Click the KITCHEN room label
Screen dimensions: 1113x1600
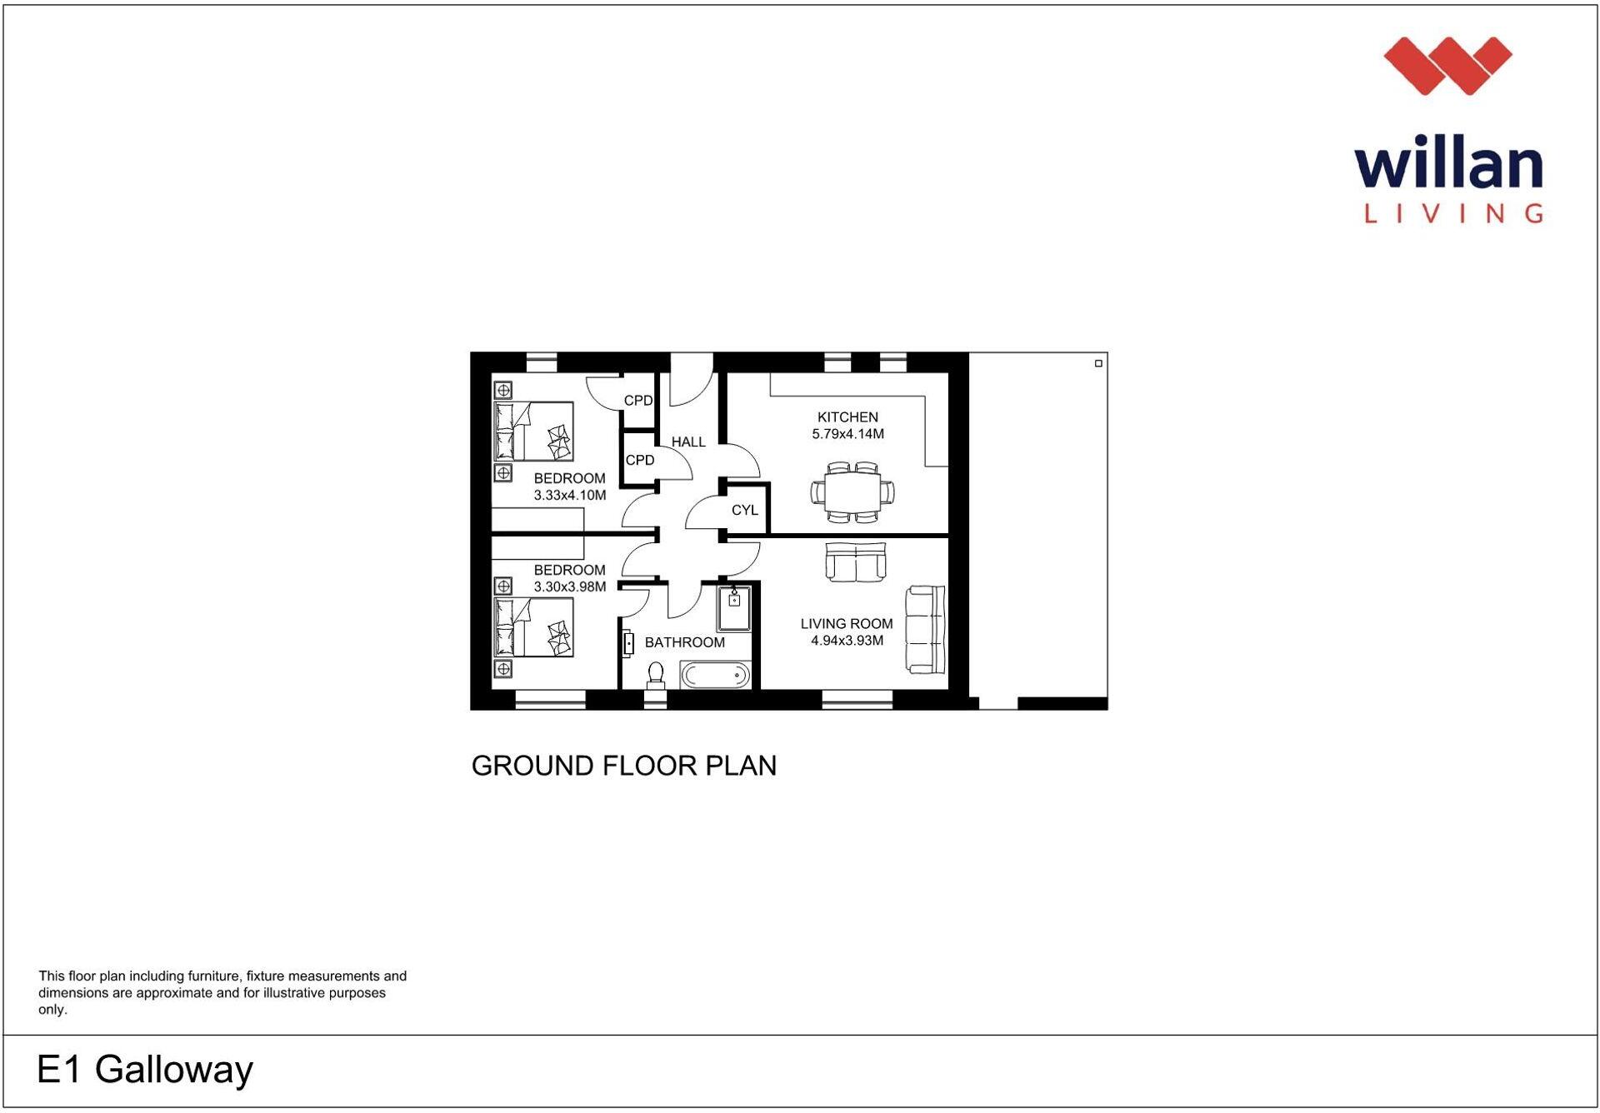(847, 417)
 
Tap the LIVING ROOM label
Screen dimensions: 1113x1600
(846, 623)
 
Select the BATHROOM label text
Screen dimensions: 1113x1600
(684, 642)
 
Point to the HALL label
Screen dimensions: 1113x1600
(688, 442)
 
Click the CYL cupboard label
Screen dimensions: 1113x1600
(744, 510)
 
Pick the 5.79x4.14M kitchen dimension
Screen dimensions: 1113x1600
(847, 434)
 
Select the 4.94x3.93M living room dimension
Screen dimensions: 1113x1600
(847, 641)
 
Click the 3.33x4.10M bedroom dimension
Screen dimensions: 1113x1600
(570, 495)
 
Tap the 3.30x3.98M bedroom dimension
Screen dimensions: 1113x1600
(570, 586)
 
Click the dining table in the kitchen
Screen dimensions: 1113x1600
(852, 492)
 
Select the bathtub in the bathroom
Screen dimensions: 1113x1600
(715, 675)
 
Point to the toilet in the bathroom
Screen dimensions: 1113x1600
(656, 674)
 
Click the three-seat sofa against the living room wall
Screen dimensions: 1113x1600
(926, 629)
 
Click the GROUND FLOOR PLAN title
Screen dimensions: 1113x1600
(623, 766)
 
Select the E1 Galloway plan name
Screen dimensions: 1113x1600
(145, 1069)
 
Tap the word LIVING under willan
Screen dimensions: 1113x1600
(1452, 213)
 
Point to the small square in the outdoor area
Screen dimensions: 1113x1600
(1098, 363)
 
